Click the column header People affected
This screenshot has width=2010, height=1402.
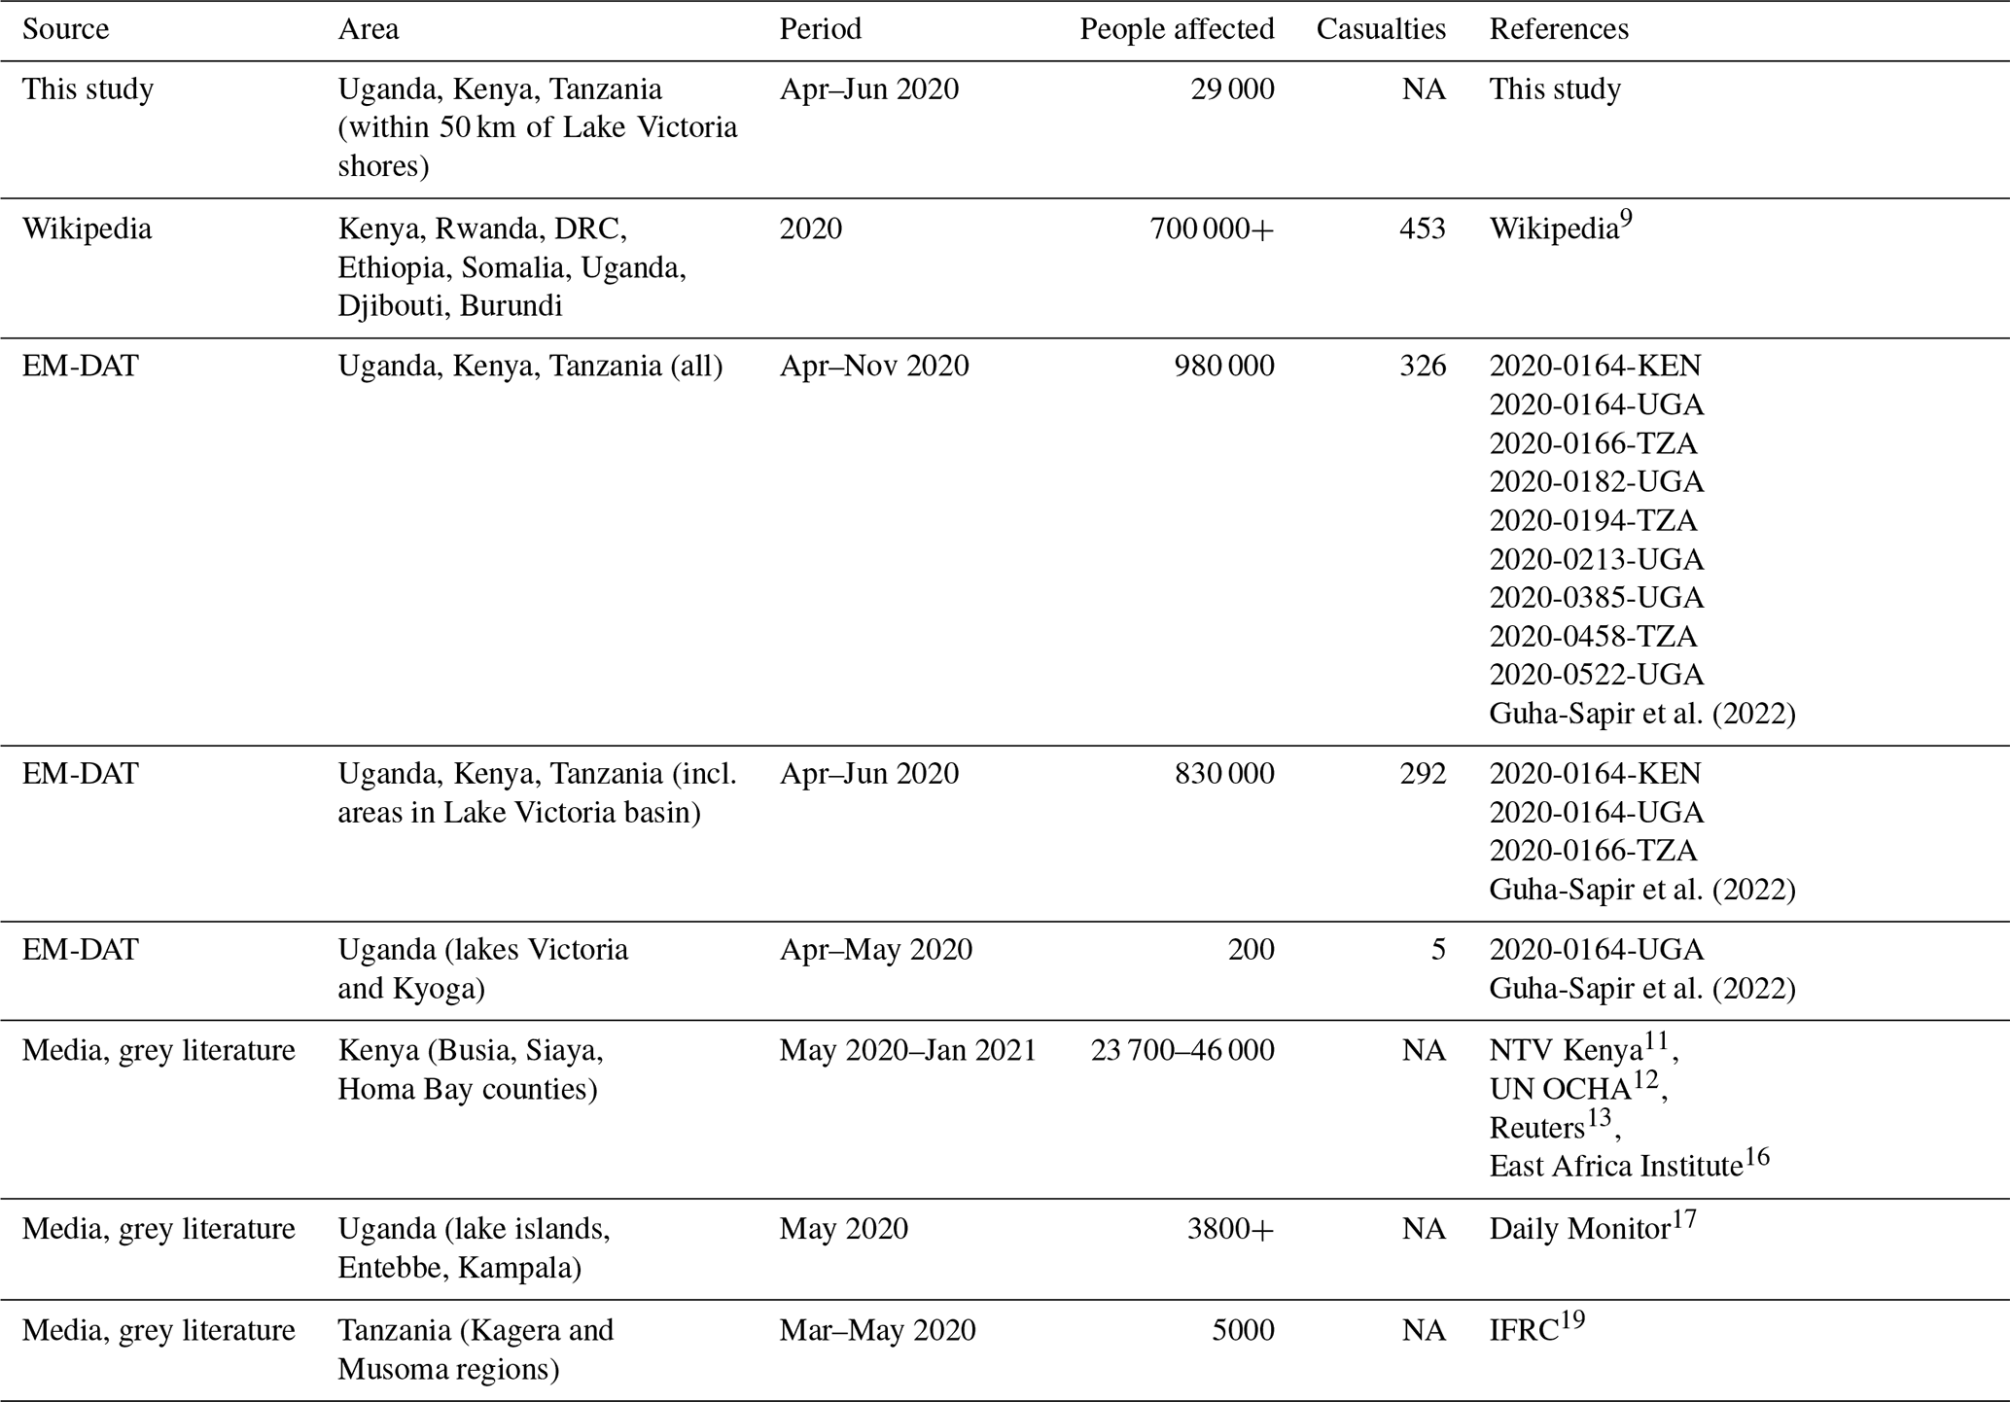click(1177, 29)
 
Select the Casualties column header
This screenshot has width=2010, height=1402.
click(1381, 29)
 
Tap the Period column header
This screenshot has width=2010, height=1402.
click(820, 29)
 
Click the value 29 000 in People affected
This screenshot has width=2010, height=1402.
click(1232, 89)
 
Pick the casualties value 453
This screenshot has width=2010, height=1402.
click(1422, 228)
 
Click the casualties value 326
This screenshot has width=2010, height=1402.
click(1422, 366)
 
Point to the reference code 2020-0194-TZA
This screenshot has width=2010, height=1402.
click(1593, 520)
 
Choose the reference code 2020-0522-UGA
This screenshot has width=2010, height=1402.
click(1596, 675)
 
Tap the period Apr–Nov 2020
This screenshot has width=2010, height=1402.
click(873, 366)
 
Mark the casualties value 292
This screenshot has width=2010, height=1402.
click(1422, 774)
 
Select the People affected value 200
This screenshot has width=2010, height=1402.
click(1251, 950)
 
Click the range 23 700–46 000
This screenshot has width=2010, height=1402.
click(1181, 1051)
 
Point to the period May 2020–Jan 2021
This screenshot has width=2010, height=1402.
click(907, 1051)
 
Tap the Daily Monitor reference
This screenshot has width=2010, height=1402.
click(1580, 1229)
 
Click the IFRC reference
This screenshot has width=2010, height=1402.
click(1525, 1330)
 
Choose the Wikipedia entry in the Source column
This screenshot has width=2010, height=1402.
click(87, 228)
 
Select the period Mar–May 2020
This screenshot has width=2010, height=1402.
click(877, 1330)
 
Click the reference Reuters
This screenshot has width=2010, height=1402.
click(1537, 1128)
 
